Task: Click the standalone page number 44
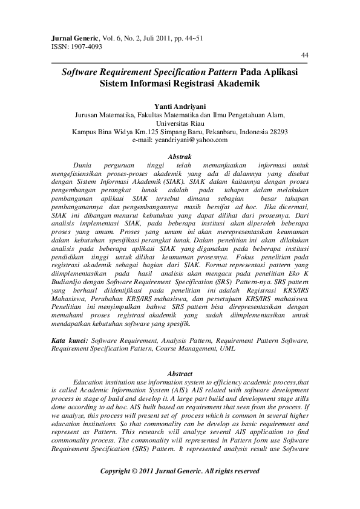pyautogui.click(x=305, y=55)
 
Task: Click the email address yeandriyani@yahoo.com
pyautogui.click(x=191, y=140)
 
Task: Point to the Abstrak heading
pyautogui.click(x=179, y=156)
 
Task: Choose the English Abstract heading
pyautogui.click(x=179, y=374)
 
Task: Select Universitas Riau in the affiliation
pyautogui.click(x=180, y=122)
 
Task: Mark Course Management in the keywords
pyautogui.click(x=182, y=349)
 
